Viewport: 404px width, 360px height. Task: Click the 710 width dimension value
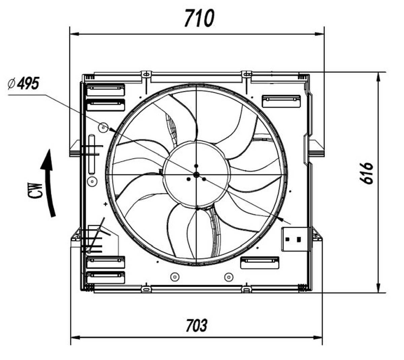pyautogui.click(x=199, y=19)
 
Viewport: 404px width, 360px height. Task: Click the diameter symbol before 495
pyautogui.click(x=11, y=83)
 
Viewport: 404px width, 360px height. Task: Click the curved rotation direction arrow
pyautogui.click(x=48, y=183)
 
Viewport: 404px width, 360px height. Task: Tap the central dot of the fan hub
pyautogui.click(x=196, y=175)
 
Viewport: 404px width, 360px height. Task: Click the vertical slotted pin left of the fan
pyautogui.click(x=92, y=154)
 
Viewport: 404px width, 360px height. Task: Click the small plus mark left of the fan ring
pyautogui.click(x=105, y=204)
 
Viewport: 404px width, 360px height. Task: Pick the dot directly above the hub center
pyautogui.click(x=196, y=166)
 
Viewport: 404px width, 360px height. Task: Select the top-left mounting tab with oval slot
pyautogui.click(x=146, y=75)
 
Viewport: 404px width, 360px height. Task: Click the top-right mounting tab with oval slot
pyautogui.click(x=247, y=74)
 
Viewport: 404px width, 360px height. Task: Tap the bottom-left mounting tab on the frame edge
pyautogui.click(x=146, y=289)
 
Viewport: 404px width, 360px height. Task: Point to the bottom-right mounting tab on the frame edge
pyautogui.click(x=247, y=289)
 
